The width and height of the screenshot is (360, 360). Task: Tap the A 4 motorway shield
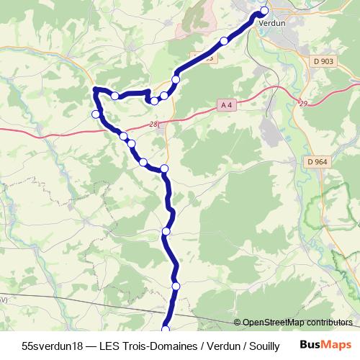point(226,105)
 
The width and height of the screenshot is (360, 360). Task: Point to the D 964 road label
point(317,162)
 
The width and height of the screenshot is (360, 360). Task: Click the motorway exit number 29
point(303,104)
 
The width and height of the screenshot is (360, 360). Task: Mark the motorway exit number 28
point(154,125)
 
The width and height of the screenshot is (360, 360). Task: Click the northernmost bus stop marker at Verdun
point(264,10)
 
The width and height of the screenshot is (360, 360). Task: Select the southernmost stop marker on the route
point(165,329)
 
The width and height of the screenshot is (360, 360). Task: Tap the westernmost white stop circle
point(96,114)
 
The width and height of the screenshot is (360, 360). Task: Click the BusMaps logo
point(326,345)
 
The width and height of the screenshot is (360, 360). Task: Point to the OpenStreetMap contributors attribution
point(293,323)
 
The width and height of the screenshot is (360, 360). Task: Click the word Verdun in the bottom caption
point(221,346)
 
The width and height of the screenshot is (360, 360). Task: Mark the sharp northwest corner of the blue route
point(95,89)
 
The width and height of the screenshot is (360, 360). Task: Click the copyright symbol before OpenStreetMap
point(238,323)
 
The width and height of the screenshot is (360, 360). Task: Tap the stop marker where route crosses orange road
point(164,169)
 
